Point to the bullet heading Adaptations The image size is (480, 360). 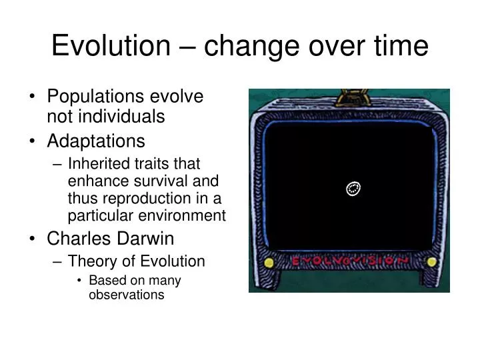coord(95,141)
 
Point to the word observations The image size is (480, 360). coord(126,294)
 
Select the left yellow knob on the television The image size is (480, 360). coord(269,263)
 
